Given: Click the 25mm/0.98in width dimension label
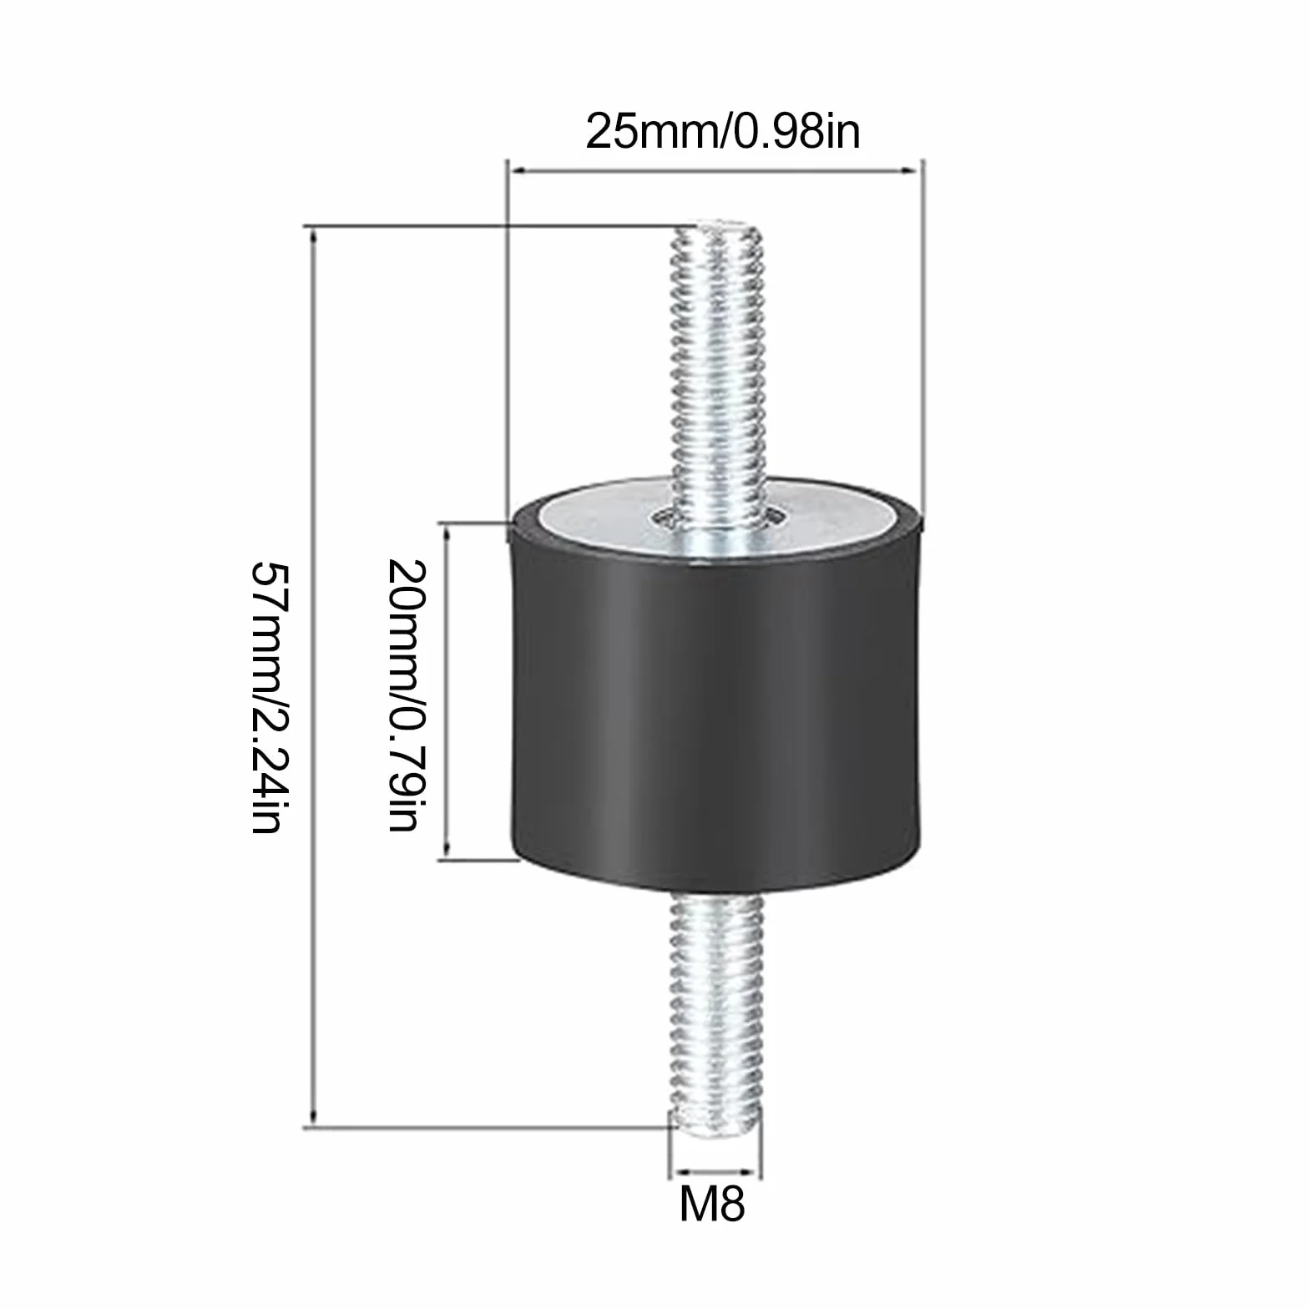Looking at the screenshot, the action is tap(723, 132).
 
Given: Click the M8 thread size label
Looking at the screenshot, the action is tap(712, 1203).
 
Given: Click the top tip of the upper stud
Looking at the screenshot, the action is tap(719, 222).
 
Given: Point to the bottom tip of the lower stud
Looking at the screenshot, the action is tap(715, 1125).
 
